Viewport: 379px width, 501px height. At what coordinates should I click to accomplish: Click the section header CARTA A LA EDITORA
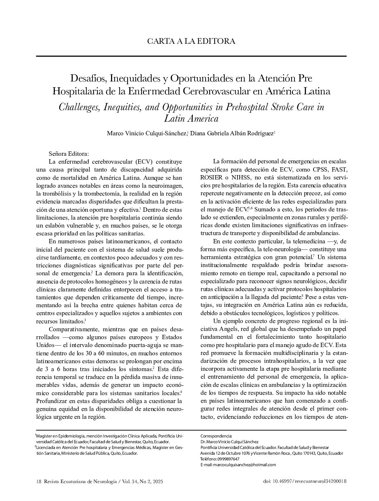coord(191,41)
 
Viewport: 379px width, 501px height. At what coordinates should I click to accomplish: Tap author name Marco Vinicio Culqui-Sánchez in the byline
coord(147,134)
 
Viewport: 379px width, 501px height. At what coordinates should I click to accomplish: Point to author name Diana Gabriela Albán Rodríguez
coord(232,134)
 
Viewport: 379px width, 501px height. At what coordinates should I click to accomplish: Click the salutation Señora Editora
coord(66,153)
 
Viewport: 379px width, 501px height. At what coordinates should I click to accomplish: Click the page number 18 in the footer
coord(39,481)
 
